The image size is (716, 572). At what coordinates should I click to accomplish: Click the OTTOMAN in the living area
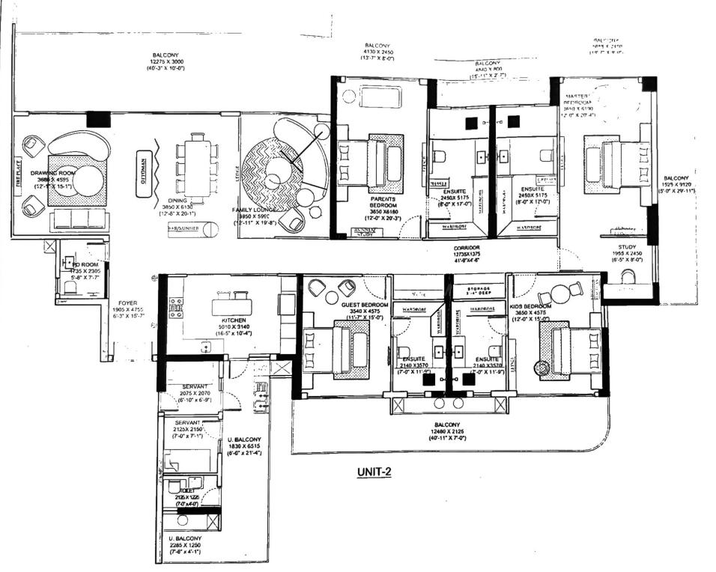coord(142,163)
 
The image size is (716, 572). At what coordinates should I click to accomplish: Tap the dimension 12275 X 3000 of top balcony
coord(166,62)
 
